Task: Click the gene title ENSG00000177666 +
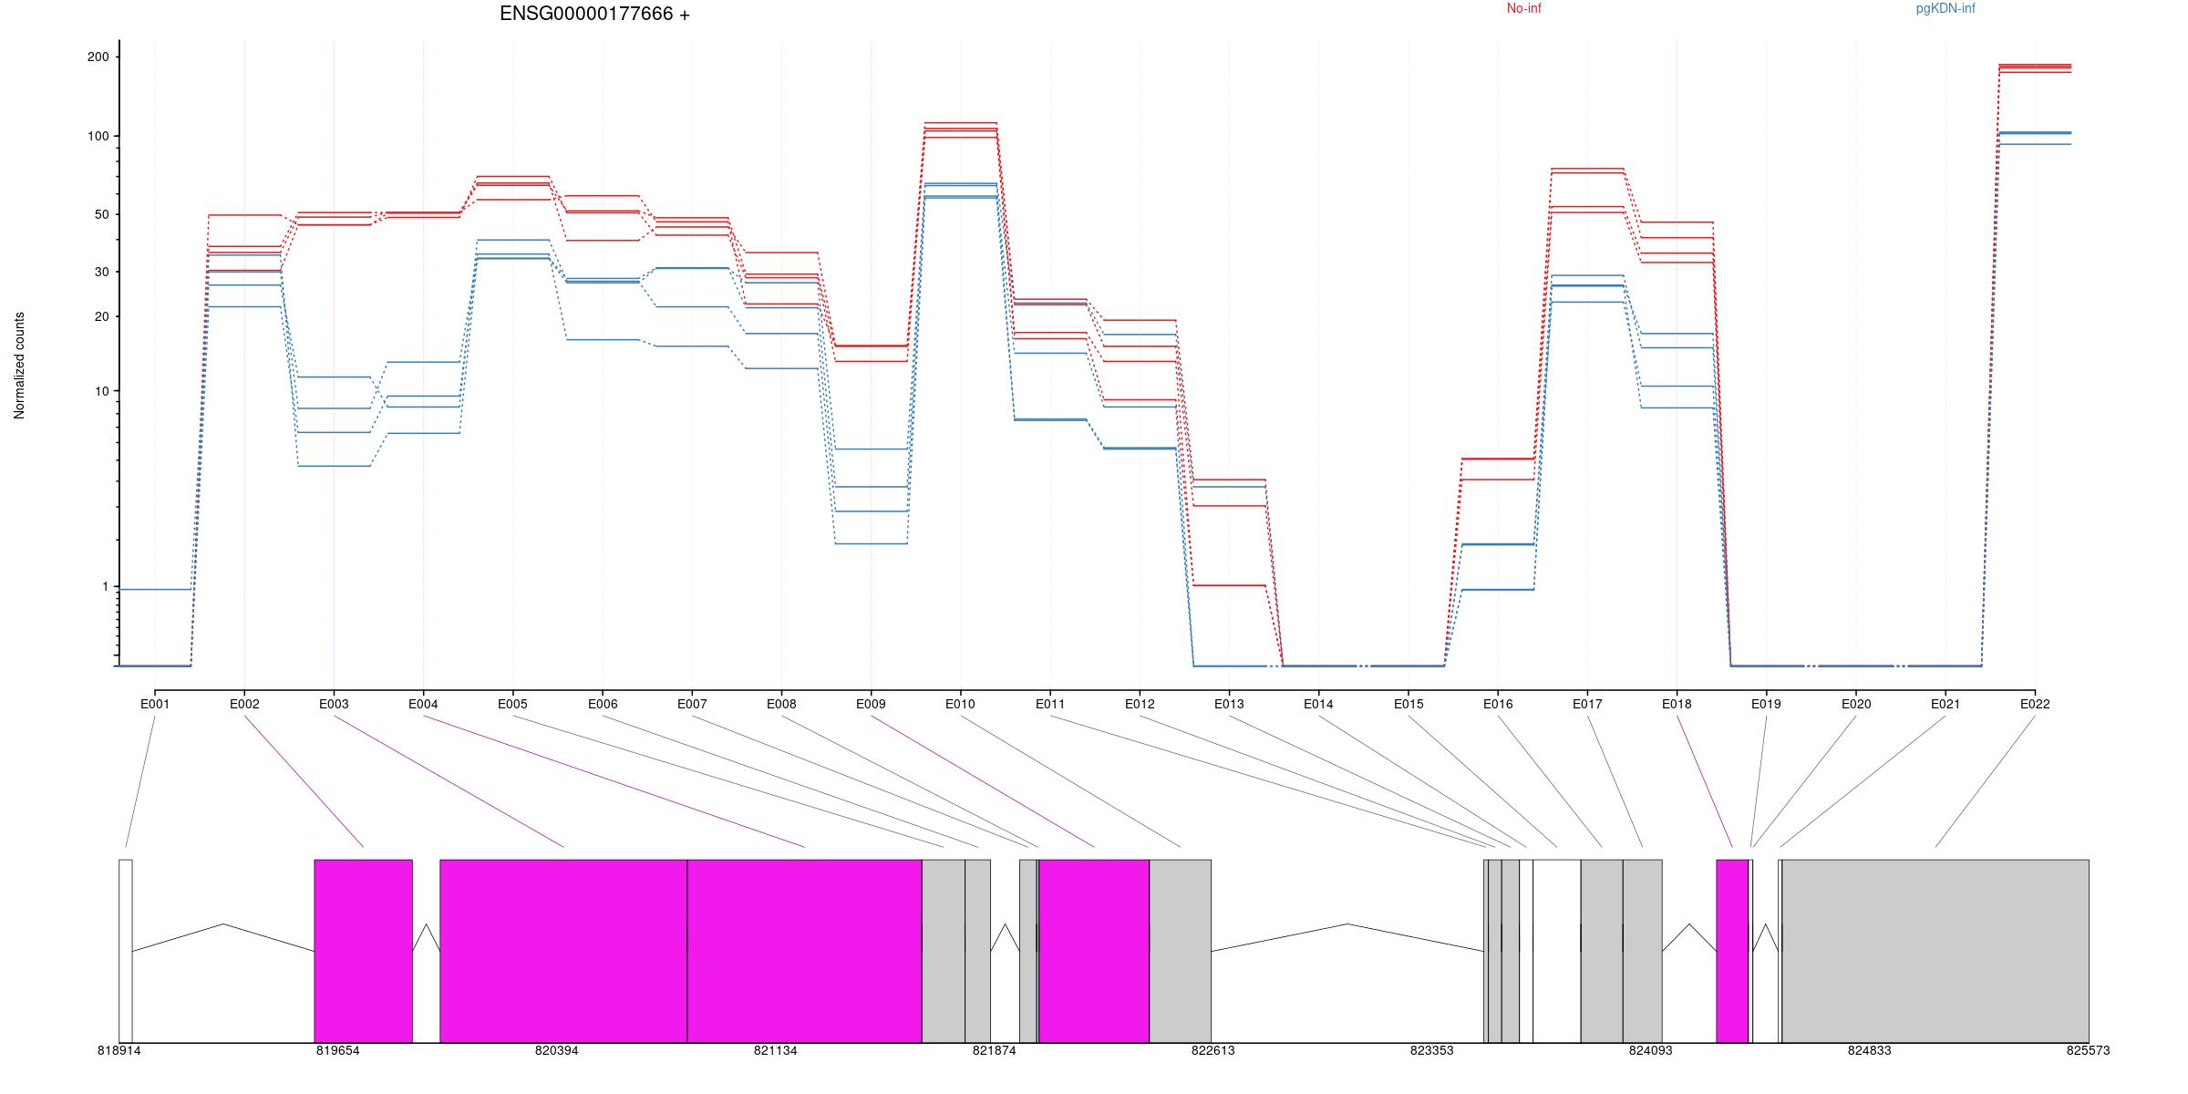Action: point(594,15)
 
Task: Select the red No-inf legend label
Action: point(1523,9)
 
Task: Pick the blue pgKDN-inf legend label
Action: point(1945,9)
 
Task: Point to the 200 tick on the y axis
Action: point(98,57)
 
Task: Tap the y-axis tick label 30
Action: point(100,272)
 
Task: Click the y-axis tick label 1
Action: point(105,586)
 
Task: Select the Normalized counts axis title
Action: point(20,366)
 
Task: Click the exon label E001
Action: point(155,704)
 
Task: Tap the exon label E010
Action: point(960,704)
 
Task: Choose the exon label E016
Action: point(1497,704)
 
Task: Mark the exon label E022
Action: point(2034,704)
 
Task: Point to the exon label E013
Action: point(1229,704)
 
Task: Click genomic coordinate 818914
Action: point(119,1050)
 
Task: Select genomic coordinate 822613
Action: point(1213,1050)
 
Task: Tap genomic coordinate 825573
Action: point(2088,1050)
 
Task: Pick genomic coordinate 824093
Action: point(1650,1050)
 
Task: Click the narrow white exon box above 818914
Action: point(126,950)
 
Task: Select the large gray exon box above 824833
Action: point(1935,950)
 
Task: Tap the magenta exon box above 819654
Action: point(363,950)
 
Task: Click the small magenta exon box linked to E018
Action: point(1732,950)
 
